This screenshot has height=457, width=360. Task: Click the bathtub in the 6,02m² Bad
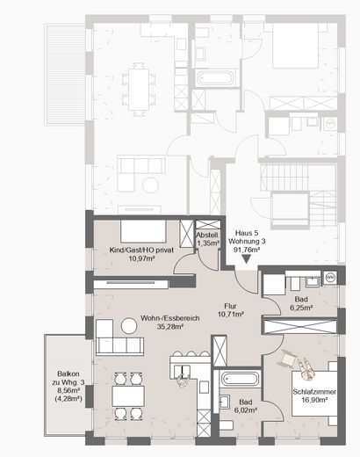pos(238,380)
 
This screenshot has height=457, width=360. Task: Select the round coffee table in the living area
pos(129,325)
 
